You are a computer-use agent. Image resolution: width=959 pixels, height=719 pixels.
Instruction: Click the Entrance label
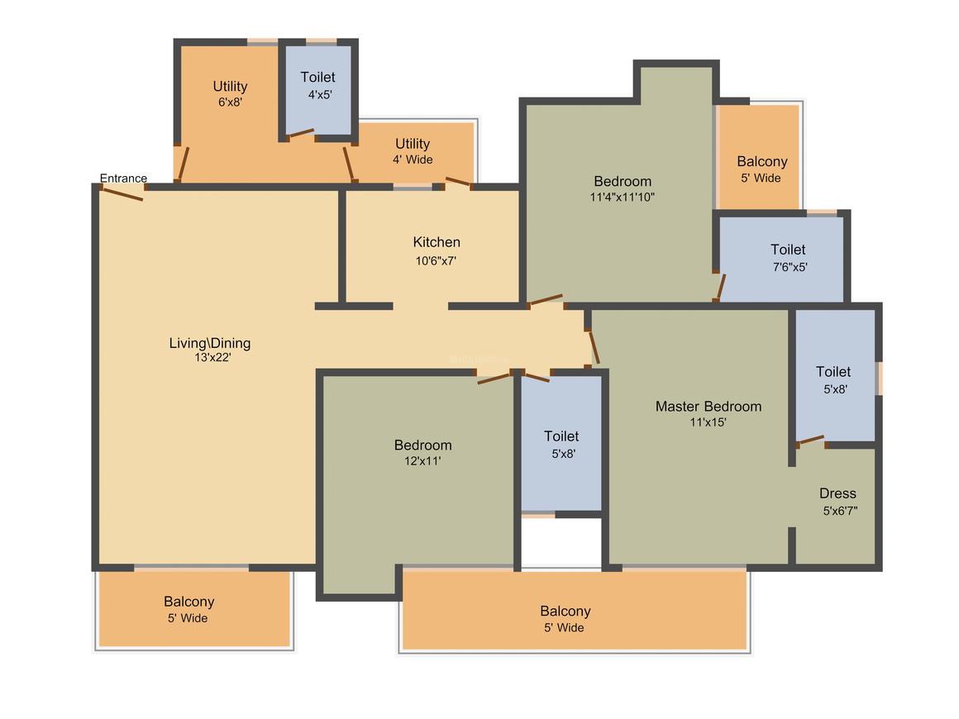tap(123, 178)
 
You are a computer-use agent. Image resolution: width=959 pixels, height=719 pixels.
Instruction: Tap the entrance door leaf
tap(122, 194)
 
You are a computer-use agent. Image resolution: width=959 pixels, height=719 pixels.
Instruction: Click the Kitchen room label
tap(437, 242)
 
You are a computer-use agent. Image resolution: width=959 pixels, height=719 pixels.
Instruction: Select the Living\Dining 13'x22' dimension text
tap(212, 357)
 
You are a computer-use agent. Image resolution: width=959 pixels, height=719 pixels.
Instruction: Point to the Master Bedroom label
tap(709, 407)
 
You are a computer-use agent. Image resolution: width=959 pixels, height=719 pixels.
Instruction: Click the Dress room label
tap(838, 493)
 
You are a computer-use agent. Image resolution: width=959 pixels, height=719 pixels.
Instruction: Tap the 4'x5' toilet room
tap(318, 90)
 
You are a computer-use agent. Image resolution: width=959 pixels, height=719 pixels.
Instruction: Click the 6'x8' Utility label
tap(230, 86)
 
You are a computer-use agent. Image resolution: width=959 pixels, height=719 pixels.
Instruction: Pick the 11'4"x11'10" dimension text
tap(622, 197)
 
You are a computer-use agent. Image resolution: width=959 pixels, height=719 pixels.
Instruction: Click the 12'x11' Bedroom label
tap(423, 445)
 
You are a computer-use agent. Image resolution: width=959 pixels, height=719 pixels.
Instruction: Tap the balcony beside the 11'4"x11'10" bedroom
tap(758, 156)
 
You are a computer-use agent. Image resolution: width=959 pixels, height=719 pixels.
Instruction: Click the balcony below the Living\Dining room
tap(194, 609)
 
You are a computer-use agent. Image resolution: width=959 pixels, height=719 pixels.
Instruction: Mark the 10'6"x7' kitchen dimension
tap(436, 261)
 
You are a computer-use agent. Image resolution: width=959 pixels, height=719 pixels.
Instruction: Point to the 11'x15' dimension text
tap(709, 422)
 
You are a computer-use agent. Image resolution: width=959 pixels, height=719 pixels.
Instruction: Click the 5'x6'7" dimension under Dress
tap(840, 511)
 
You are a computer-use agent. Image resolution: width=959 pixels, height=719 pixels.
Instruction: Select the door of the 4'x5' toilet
tap(301, 133)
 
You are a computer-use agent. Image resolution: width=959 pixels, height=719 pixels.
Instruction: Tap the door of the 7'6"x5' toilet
tap(721, 288)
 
